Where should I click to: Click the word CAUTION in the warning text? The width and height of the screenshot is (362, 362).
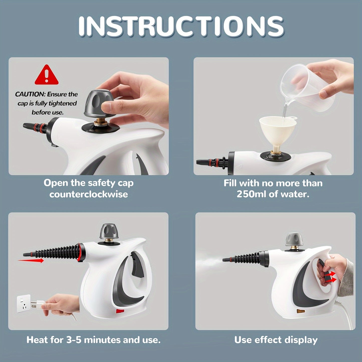pos(30,94)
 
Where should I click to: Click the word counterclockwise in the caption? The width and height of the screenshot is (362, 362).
pos(88,194)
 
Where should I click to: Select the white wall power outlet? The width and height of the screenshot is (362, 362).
pos(24,303)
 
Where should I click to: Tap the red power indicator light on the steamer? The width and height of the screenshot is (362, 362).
pos(120,311)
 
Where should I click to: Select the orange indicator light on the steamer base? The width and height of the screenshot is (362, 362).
pos(301,311)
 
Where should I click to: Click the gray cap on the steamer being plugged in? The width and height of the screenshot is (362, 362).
pos(109,231)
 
